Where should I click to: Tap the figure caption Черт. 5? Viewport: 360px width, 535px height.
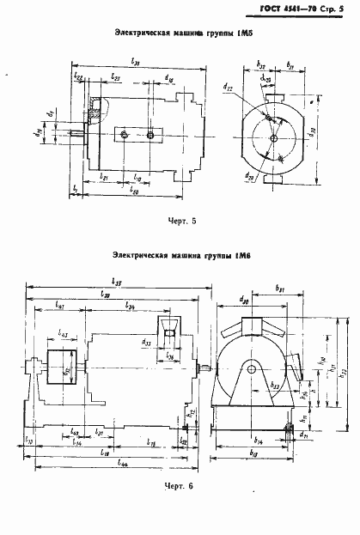(x=182, y=221)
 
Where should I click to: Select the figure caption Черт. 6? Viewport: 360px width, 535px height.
(x=181, y=509)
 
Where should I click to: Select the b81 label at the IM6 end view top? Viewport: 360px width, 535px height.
(x=280, y=289)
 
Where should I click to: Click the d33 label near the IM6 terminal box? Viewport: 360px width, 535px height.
(x=149, y=343)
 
